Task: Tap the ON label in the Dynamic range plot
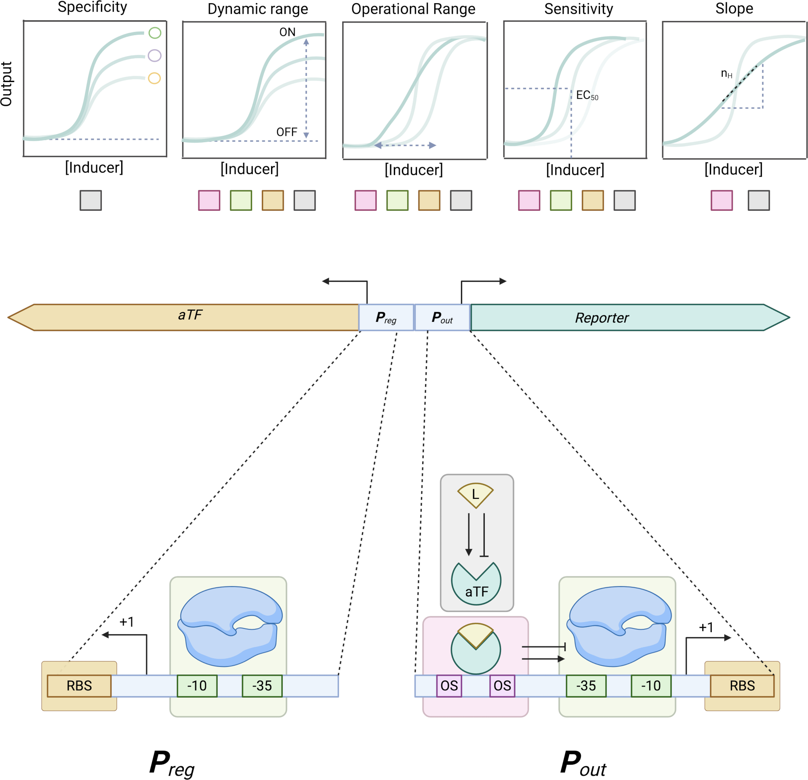click(287, 32)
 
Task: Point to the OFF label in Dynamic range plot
click(286, 132)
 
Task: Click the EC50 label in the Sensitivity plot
click(587, 96)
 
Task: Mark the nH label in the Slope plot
click(726, 74)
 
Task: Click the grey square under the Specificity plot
click(90, 200)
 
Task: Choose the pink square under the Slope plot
click(722, 200)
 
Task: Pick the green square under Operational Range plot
click(398, 200)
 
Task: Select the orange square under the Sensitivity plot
click(593, 200)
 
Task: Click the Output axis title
click(6, 84)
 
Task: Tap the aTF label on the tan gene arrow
click(190, 315)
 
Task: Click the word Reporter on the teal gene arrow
click(602, 318)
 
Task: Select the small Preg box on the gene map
click(386, 317)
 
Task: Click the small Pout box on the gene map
click(442, 317)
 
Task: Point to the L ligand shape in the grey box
click(476, 495)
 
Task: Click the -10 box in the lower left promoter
click(197, 685)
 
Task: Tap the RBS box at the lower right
click(742, 685)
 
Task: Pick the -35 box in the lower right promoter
click(586, 685)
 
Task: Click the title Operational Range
click(413, 9)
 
